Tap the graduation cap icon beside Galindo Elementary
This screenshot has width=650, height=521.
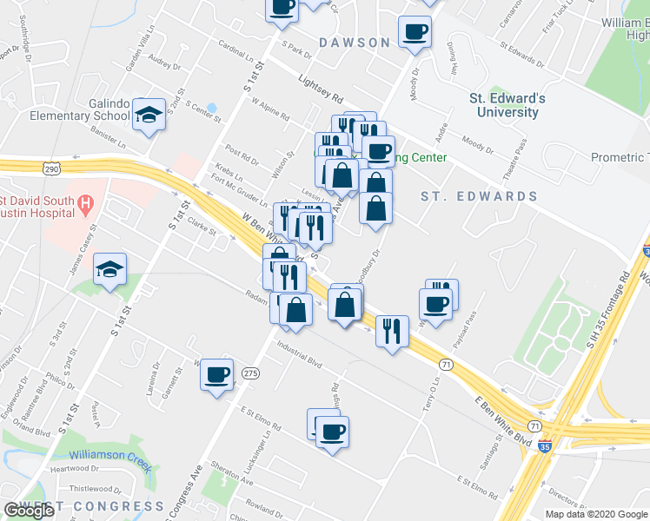pyautogui.click(x=150, y=115)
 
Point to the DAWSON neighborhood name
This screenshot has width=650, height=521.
pyautogui.click(x=354, y=42)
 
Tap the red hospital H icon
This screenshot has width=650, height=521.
pyautogui.click(x=85, y=205)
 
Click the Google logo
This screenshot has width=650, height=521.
pyautogui.click(x=30, y=511)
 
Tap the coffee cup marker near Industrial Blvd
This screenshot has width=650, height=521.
pyautogui.click(x=216, y=375)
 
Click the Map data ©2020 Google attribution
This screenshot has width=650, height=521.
pyautogui.click(x=596, y=514)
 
